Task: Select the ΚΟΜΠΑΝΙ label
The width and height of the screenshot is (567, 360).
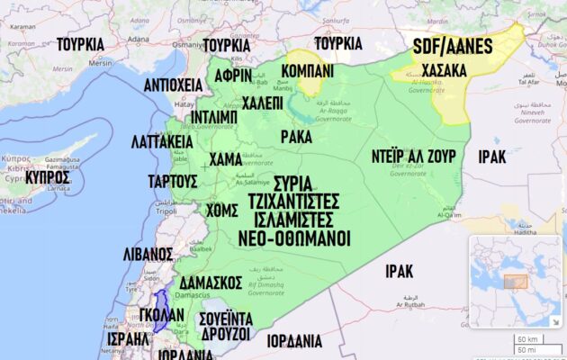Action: coord(308,70)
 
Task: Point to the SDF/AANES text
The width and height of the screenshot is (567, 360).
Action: coord(453,45)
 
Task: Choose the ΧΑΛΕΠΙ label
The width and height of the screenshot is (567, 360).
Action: coord(262,103)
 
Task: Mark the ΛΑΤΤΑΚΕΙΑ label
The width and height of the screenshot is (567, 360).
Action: coord(162,143)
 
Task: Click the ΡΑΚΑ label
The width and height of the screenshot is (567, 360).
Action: coord(296,136)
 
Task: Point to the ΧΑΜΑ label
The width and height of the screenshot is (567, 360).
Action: coord(225,159)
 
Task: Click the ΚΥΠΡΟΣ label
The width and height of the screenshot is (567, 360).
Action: coord(48,177)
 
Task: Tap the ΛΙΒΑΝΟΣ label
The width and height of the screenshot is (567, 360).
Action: coord(148,253)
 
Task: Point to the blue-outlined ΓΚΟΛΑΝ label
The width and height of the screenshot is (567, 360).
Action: coord(162,315)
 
